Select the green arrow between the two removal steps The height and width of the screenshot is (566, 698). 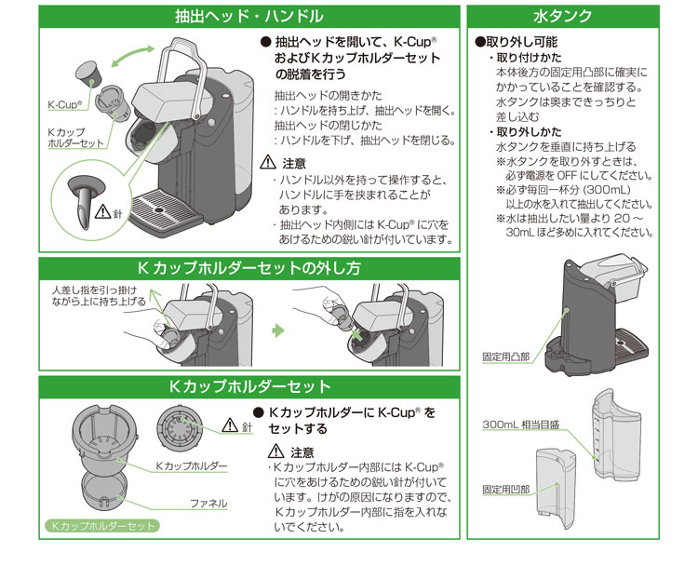[x=277, y=330]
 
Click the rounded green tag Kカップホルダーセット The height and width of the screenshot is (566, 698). [x=101, y=526]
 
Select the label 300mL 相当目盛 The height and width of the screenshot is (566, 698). [x=518, y=425]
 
